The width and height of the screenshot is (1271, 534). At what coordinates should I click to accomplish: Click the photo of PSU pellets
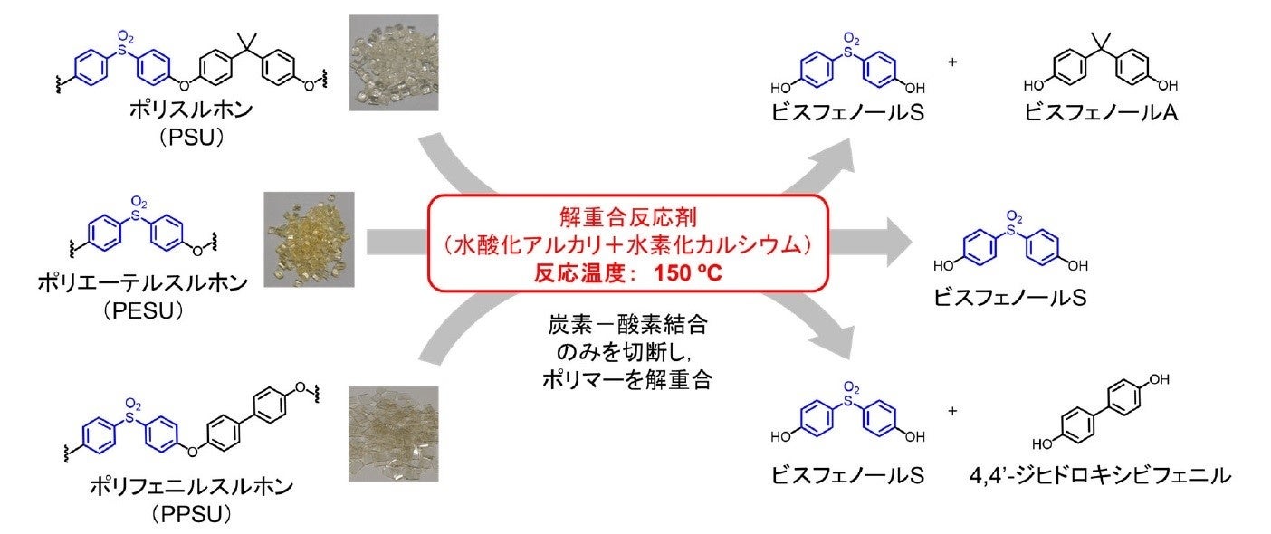[394, 62]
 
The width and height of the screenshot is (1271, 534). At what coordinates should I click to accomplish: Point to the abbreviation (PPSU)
[192, 514]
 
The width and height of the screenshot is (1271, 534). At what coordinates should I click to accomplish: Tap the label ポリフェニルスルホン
[192, 487]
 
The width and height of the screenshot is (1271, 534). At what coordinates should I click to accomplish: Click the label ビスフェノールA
[1099, 116]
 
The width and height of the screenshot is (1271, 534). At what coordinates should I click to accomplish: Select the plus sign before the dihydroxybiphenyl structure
[952, 411]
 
